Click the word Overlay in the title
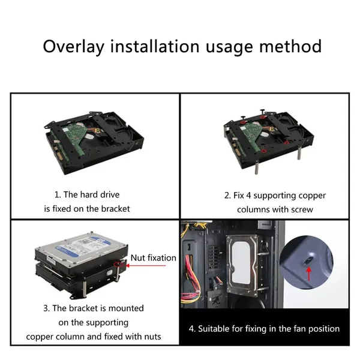[73, 47]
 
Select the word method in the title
[290, 46]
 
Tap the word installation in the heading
[155, 46]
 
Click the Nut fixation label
[153, 258]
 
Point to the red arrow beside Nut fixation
[146, 266]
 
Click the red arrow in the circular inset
[309, 274]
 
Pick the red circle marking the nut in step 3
[118, 264]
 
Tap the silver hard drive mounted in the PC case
[242, 266]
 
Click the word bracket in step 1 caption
[115, 209]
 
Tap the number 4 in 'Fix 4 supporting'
[248, 196]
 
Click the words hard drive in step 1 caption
[100, 194]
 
